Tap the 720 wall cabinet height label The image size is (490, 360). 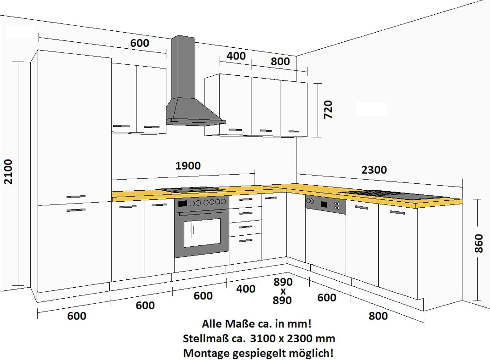328,110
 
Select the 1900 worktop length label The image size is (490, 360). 188,166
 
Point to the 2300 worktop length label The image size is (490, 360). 374,170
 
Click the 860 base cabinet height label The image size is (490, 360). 479,243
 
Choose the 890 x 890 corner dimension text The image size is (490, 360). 283,291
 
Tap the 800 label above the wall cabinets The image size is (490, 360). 280,61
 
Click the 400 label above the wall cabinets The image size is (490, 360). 236,56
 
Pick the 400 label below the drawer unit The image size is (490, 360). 246,289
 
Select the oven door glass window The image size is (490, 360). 202,233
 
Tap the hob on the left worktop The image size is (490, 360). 192,190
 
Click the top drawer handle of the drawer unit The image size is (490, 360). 246,199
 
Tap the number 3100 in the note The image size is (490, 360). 263,338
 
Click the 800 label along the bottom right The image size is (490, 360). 378,316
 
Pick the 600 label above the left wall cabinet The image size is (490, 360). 139,43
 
